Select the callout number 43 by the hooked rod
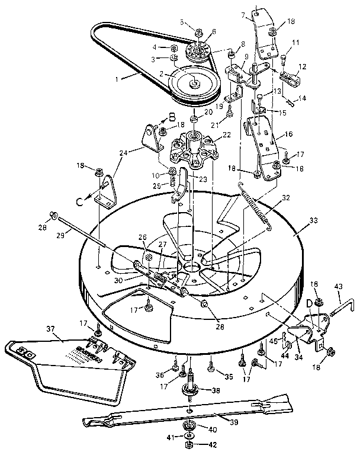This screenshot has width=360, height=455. coord(339,287)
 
